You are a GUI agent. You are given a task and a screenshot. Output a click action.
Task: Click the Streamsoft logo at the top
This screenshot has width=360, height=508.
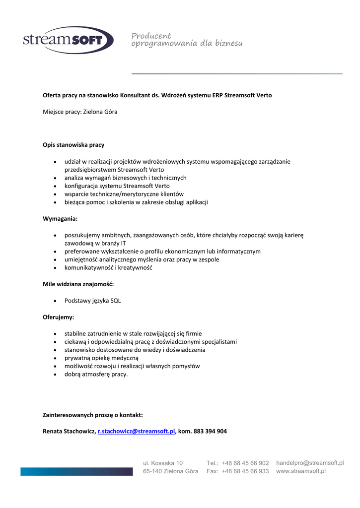[68, 40]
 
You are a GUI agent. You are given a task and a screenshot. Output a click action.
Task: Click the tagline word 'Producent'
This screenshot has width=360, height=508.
[151, 36]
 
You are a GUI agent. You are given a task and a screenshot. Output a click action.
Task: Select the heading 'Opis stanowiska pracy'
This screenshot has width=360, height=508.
[73, 145]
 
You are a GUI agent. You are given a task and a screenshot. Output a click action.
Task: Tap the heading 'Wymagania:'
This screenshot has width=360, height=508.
[60, 218]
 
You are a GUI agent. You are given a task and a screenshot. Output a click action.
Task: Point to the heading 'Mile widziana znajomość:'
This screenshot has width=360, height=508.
[78, 284]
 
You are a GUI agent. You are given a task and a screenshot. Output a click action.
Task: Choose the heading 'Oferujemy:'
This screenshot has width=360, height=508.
[58, 317]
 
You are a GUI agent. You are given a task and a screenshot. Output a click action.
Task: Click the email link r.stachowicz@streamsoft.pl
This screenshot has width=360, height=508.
[137, 432]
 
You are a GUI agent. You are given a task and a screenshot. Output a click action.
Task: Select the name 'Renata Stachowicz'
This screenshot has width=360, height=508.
[69, 432]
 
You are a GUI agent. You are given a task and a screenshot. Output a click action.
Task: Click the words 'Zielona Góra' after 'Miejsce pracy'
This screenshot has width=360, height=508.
[100, 112]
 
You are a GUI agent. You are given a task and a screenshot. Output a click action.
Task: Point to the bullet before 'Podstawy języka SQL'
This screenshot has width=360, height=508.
[55, 301]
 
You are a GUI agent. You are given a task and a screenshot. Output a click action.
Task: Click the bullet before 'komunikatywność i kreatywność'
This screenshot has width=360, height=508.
[55, 268]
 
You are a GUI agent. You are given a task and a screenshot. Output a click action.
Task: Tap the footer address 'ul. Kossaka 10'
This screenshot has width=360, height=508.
[163, 463]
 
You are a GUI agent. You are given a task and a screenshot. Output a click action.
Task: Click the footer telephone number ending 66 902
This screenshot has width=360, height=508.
[245, 463]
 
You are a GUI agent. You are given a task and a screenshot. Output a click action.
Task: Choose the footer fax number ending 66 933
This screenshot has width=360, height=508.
[245, 471]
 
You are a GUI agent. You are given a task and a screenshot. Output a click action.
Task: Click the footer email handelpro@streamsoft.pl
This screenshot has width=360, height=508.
[310, 463]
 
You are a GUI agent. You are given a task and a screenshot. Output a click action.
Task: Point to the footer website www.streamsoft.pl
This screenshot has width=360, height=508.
[301, 471]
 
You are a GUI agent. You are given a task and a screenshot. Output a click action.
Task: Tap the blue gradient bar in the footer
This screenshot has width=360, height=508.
[76, 471]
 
